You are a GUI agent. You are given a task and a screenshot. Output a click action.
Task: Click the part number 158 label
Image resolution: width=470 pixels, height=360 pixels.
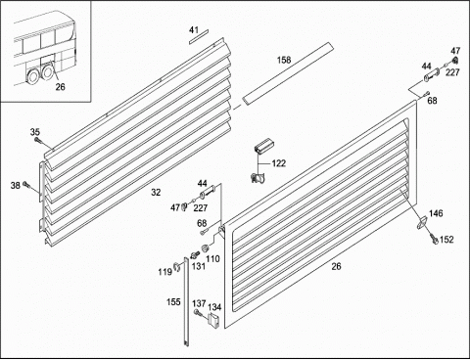pyautogui.click(x=284, y=60)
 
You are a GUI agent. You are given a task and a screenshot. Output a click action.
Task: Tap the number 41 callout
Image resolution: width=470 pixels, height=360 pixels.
pyautogui.click(x=194, y=30)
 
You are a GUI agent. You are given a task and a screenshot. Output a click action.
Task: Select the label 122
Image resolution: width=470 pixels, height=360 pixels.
pyautogui.click(x=279, y=163)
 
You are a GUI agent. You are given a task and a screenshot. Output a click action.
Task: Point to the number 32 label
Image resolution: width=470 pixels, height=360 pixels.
pyautogui.click(x=156, y=193)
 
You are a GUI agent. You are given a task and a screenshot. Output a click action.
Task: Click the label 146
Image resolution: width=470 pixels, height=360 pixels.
pyautogui.click(x=436, y=213)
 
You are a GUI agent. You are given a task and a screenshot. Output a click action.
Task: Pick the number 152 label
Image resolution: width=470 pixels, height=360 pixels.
pyautogui.click(x=446, y=240)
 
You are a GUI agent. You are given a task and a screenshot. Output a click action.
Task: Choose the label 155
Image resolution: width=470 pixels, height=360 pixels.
pyautogui.click(x=173, y=302)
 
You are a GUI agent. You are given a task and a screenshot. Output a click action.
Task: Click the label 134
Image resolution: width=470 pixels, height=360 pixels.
pyautogui.click(x=214, y=307)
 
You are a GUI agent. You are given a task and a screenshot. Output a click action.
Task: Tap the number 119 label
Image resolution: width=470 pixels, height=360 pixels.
pyautogui.click(x=164, y=272)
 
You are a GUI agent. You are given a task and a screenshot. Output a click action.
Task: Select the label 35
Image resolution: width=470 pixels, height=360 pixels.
pyautogui.click(x=35, y=132)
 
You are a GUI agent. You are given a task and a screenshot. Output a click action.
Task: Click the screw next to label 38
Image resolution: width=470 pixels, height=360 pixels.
pyautogui.click(x=25, y=185)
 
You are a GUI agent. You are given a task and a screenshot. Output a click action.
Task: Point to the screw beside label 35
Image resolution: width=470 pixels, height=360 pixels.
pyautogui.click(x=37, y=140)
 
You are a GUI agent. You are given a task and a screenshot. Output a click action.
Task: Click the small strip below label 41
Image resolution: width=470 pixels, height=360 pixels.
pyautogui.click(x=198, y=36)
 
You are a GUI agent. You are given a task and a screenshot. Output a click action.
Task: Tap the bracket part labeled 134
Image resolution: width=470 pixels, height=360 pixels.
pyautogui.click(x=213, y=320)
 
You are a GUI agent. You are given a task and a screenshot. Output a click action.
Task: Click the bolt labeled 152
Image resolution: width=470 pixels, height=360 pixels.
pyautogui.click(x=434, y=239)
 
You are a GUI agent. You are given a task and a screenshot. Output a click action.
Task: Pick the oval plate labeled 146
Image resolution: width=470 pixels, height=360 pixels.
pyautogui.click(x=423, y=223)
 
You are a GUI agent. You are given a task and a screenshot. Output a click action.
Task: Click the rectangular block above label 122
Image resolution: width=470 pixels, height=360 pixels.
pyautogui.click(x=263, y=145)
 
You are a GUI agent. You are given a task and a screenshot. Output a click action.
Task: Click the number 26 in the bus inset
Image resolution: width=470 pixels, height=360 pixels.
pyautogui.click(x=60, y=87)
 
